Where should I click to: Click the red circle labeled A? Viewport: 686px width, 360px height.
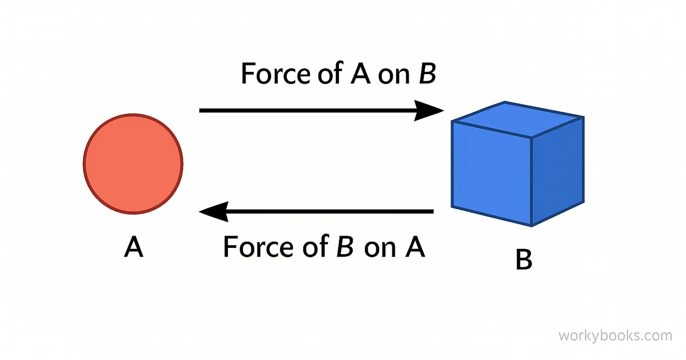[x=133, y=163]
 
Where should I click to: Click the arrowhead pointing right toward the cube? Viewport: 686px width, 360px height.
[x=428, y=111]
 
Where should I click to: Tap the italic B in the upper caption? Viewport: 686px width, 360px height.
[x=427, y=74]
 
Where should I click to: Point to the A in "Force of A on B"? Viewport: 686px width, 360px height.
[x=360, y=74]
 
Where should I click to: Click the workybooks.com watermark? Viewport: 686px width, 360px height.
[x=615, y=336]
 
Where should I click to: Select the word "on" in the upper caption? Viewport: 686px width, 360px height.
[x=393, y=75]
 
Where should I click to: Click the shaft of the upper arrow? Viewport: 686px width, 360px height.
[x=306, y=111]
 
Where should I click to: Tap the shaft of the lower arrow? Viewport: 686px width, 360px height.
[x=329, y=212]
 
